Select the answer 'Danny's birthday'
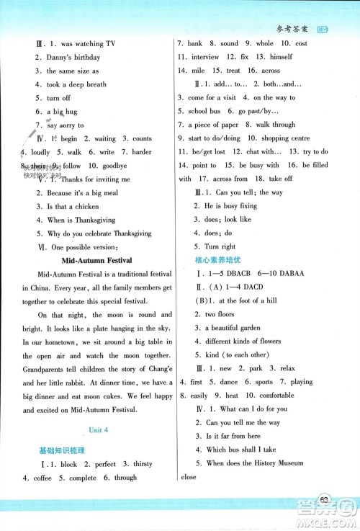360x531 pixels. (78, 58)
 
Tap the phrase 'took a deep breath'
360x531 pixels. (76, 84)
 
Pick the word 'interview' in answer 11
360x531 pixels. (205, 57)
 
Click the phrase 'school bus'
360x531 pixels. (204, 111)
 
